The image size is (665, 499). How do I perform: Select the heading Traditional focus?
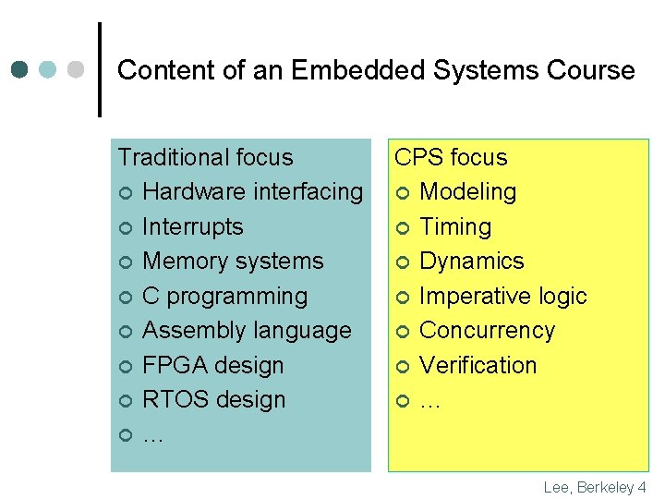pos(205,157)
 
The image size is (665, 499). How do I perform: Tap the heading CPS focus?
pos(451,157)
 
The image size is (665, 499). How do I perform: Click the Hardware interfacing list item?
pos(253,192)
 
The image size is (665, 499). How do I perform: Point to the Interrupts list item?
pos(193,226)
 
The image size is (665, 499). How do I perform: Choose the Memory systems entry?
pos(233,262)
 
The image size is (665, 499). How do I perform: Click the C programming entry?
pos(225,296)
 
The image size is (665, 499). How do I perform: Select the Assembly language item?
pos(247,331)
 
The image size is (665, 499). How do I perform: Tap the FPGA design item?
pos(213,365)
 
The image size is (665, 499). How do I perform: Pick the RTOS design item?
pos(214,400)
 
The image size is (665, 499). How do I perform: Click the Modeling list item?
pos(467,192)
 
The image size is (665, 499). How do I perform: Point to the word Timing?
pos(455,226)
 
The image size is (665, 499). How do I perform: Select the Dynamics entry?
pos(471,262)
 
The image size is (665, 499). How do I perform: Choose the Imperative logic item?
pos(503,296)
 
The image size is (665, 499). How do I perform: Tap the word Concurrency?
pos(488,331)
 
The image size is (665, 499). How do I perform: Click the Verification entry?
pos(478,365)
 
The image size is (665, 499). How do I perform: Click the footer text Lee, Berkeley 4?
pos(595,487)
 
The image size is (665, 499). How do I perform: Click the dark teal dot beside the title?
pos(19,70)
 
